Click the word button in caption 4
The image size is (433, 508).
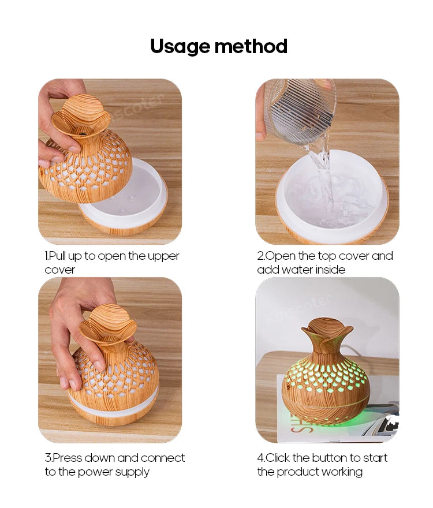point(331,458)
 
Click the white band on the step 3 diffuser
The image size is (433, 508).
point(113,406)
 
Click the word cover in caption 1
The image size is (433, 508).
point(60,270)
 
